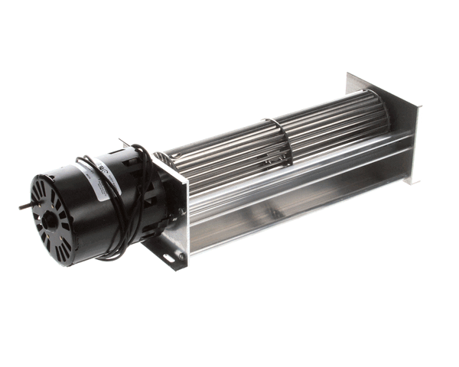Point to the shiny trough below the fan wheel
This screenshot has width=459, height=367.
tap(298, 199)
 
